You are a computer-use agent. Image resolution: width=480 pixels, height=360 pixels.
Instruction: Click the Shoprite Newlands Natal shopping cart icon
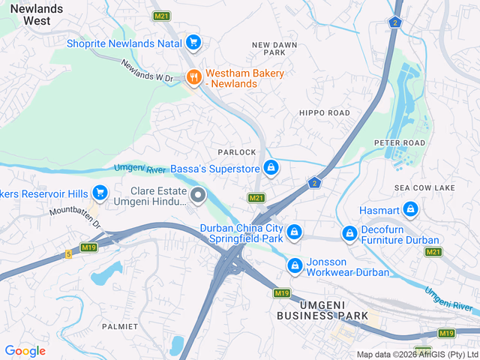[193, 42]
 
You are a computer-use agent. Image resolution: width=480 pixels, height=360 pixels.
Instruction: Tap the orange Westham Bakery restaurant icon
[193, 77]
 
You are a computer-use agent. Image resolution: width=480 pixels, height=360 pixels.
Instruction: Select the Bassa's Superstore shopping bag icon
[271, 168]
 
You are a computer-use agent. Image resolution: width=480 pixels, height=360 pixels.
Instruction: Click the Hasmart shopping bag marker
[409, 209]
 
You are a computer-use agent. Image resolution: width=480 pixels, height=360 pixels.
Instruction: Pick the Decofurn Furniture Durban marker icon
[349, 234]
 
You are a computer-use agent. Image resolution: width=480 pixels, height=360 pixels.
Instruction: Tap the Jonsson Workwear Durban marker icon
[295, 265]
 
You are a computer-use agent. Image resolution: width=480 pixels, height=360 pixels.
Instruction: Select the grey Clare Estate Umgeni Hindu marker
[198, 196]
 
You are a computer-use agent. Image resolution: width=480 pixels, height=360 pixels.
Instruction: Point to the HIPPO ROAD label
[324, 112]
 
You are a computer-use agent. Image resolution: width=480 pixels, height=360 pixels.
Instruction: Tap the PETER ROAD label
[400, 142]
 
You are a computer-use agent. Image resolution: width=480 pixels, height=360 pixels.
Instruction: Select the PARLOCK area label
[237, 152]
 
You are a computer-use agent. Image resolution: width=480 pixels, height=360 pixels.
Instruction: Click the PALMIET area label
[120, 326]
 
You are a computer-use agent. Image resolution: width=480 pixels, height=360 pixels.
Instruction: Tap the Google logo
[25, 350]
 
